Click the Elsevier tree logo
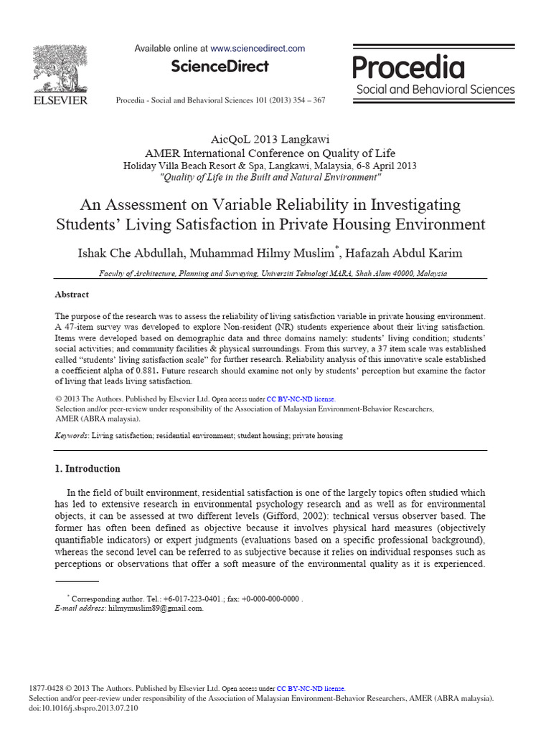(x=60, y=68)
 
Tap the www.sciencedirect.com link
(x=258, y=49)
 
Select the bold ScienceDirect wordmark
(x=220, y=67)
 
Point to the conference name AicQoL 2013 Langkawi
(x=270, y=139)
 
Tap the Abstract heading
(x=72, y=295)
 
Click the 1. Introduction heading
(x=88, y=469)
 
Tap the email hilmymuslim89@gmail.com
(x=155, y=608)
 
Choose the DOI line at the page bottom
(x=83, y=707)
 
